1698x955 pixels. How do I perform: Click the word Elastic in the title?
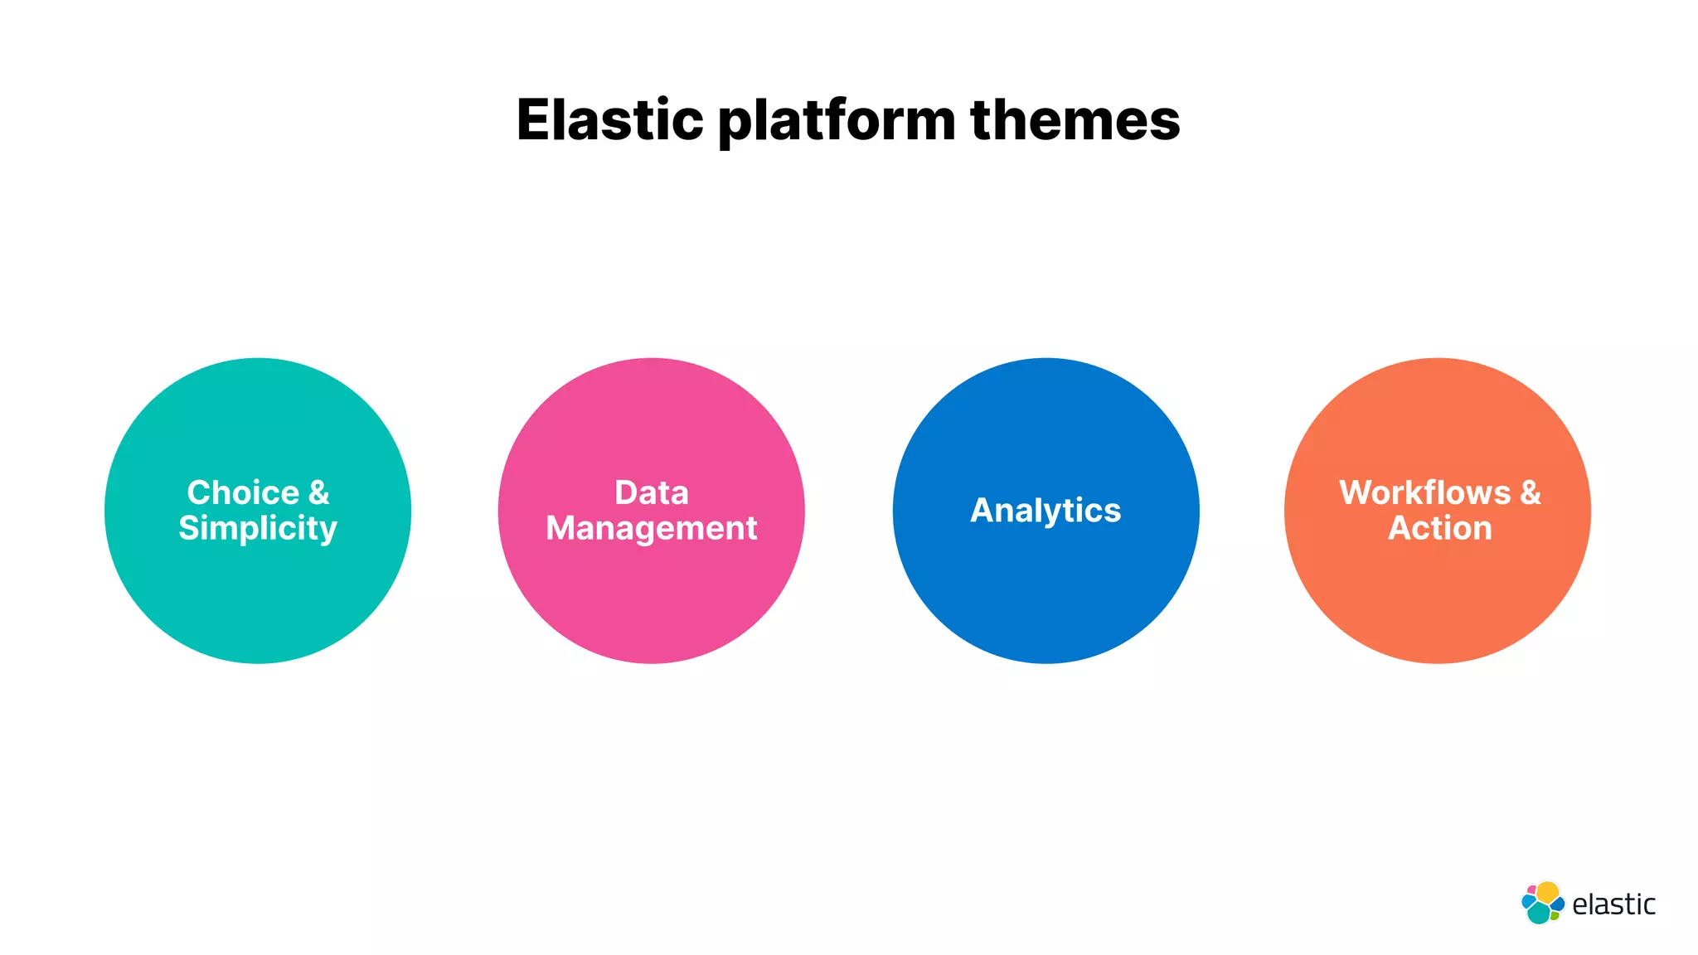[x=609, y=120]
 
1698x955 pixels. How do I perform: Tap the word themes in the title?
[x=1075, y=120]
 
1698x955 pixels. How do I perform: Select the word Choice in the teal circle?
[x=243, y=492]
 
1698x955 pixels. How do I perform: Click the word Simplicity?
[x=258, y=529]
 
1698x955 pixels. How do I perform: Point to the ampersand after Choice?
[x=319, y=492]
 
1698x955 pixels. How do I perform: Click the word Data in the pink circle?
[x=652, y=492]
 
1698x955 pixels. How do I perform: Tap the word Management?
[x=652, y=529]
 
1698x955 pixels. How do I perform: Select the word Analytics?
[x=1045, y=511]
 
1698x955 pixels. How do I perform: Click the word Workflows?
[x=1424, y=492]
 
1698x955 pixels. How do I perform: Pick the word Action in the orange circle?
[x=1440, y=529]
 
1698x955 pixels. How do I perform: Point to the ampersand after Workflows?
[x=1531, y=492]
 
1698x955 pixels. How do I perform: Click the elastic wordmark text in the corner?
[x=1613, y=904]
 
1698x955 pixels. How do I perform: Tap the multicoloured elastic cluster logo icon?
[x=1542, y=903]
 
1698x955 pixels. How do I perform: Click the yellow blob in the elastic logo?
[x=1547, y=892]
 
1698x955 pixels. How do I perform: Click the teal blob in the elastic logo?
[x=1539, y=913]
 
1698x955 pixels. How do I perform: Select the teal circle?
[x=258, y=597]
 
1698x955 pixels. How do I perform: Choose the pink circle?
[x=652, y=597]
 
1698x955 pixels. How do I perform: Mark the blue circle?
[x=1045, y=597]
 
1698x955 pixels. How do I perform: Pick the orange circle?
[x=1438, y=597]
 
